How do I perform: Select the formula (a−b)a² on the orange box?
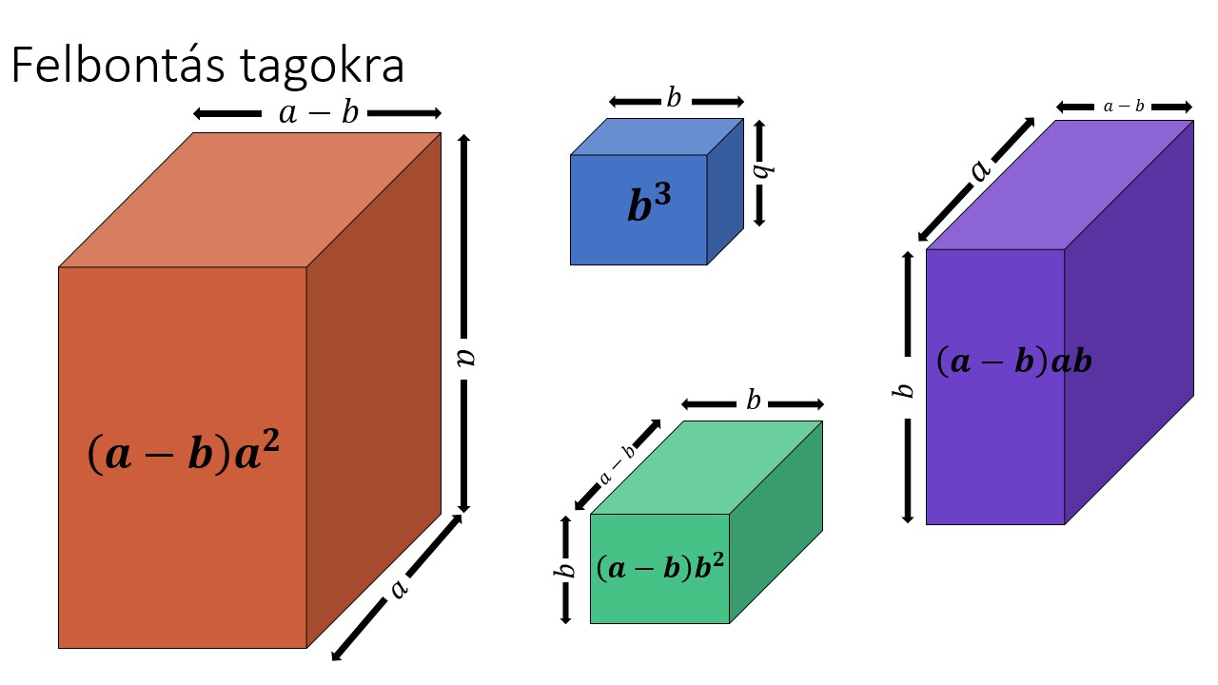click(x=184, y=455)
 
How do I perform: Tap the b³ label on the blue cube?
click(x=649, y=205)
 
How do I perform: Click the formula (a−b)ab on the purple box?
click(x=1013, y=362)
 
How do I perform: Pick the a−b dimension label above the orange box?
click(x=318, y=113)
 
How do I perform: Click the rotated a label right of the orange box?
click(x=464, y=356)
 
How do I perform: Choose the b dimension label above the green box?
click(x=753, y=401)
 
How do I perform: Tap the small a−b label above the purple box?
click(x=1123, y=107)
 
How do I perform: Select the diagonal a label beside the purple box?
click(x=979, y=169)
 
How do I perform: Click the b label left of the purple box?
click(x=907, y=390)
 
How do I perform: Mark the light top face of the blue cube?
click(x=657, y=136)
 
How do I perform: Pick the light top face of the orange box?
click(x=249, y=200)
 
